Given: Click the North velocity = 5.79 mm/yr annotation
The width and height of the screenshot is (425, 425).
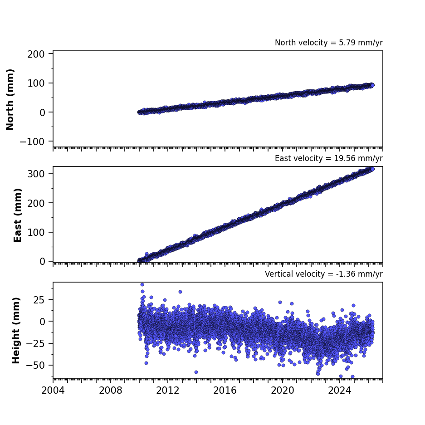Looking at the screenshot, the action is pos(328,43).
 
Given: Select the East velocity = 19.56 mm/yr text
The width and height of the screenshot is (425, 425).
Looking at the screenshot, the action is pos(328,158).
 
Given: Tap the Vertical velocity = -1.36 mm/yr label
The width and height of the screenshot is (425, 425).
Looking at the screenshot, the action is pos(324,274).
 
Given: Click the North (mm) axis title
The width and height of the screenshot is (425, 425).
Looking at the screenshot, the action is pos(10,99).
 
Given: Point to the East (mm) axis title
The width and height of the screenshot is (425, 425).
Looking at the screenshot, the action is pos(18,215).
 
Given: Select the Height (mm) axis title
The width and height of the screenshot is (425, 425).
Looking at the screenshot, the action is pos(16,330).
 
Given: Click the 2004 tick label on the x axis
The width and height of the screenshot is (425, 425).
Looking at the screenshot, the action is pos(53,391).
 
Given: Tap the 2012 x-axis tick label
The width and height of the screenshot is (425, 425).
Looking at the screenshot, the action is pos(167,391).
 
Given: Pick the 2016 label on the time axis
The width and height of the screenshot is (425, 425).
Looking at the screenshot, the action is pos(225,391).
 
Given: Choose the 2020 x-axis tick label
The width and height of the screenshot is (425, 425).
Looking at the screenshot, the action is pos(282,391).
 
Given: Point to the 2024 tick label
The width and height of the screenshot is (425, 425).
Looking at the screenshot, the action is pos(339,391).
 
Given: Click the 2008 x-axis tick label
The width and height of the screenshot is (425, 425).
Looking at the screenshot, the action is pos(110,391).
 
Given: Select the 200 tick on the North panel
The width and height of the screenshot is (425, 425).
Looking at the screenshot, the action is pos(36,54).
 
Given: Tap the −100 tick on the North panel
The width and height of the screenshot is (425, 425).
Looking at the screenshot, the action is pos(32,142).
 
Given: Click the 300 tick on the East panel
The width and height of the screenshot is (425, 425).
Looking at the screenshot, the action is pos(36,174).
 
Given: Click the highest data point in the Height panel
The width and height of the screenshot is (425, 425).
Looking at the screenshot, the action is pos(142,284).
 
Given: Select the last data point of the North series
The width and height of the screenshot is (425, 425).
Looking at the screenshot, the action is pos(372,85).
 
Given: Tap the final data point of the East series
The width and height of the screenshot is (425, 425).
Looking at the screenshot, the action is pos(372,169).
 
